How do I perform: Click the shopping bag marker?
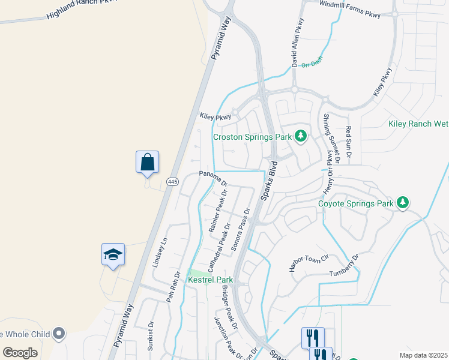[147, 162]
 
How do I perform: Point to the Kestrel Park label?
[210, 280]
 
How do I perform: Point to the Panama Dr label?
[214, 178]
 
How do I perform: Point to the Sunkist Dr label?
[151, 335]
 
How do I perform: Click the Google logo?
[20, 353]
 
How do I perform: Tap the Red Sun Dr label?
[348, 144]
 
